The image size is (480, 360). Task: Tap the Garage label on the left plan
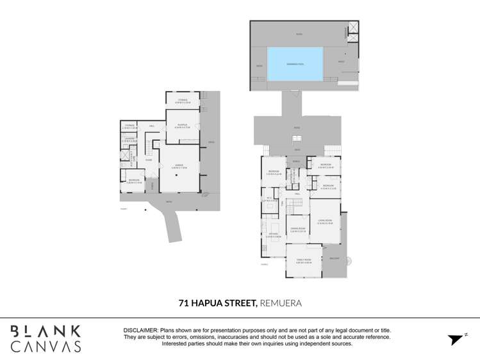click(179, 165)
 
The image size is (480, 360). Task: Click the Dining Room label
click(297, 228)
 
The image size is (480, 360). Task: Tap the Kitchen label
click(273, 234)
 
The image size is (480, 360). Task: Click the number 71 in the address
click(184, 302)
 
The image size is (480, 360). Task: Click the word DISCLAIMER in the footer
click(140, 330)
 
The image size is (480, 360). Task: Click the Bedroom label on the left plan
click(134, 180)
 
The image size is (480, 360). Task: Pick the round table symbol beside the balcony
click(349, 261)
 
